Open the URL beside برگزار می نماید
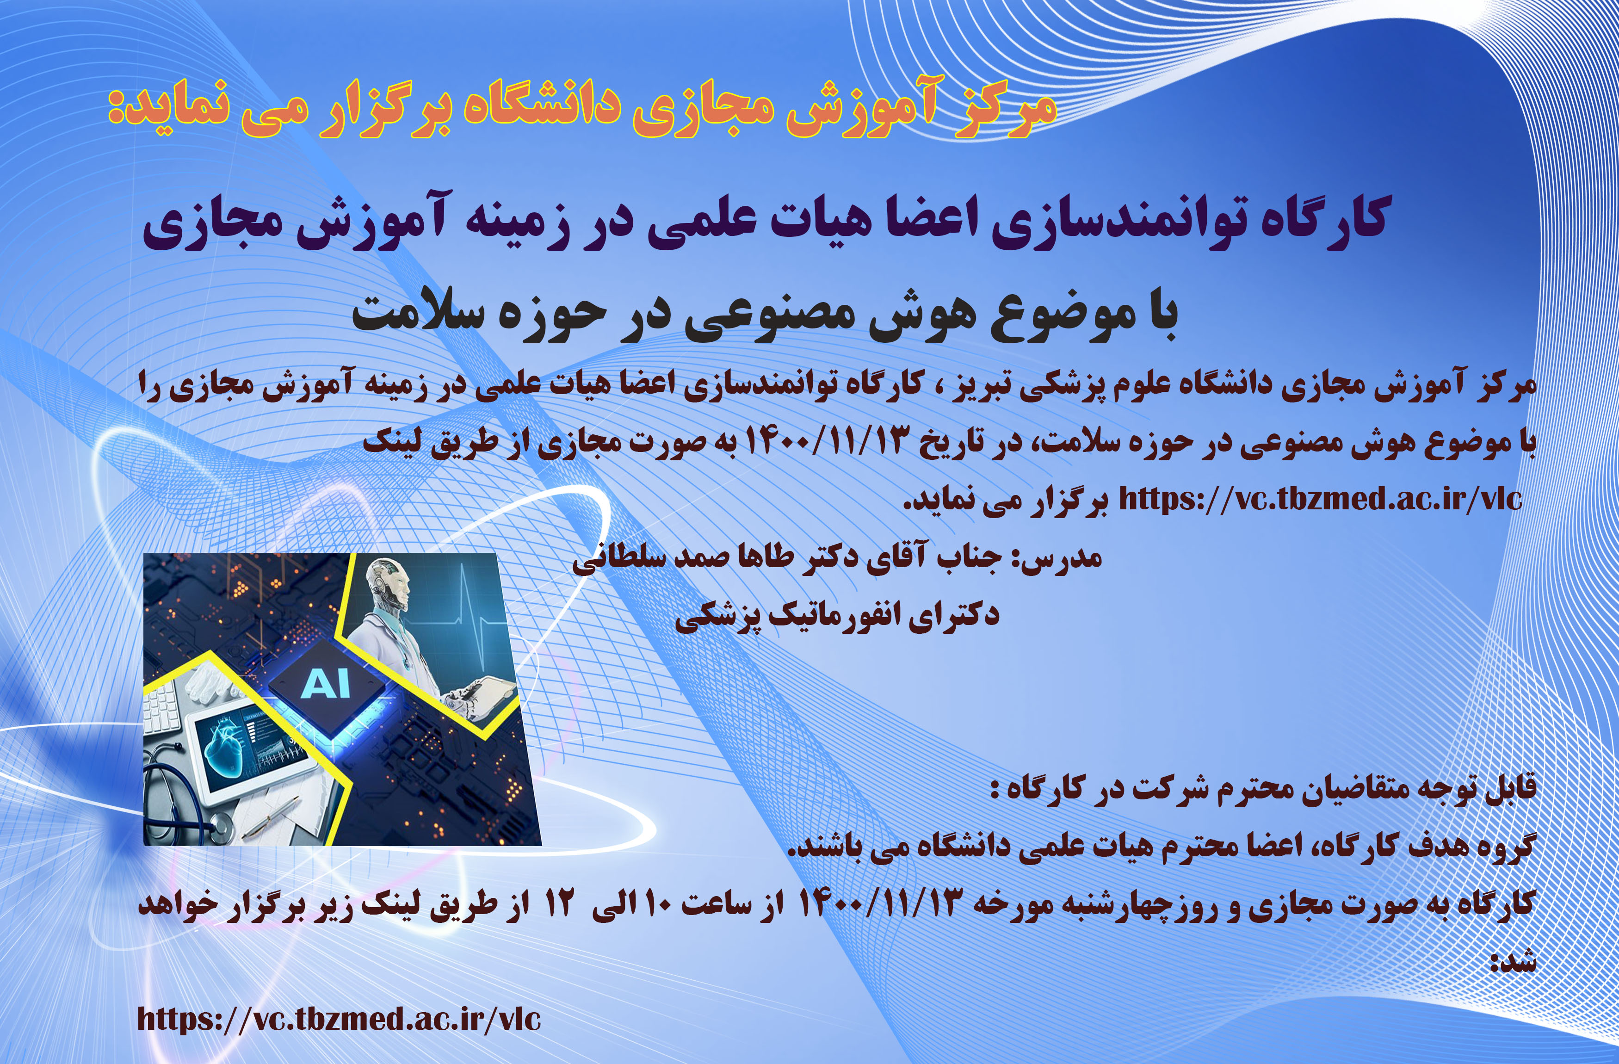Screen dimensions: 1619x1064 point(1320,499)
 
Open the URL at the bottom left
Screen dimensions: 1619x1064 point(339,1018)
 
